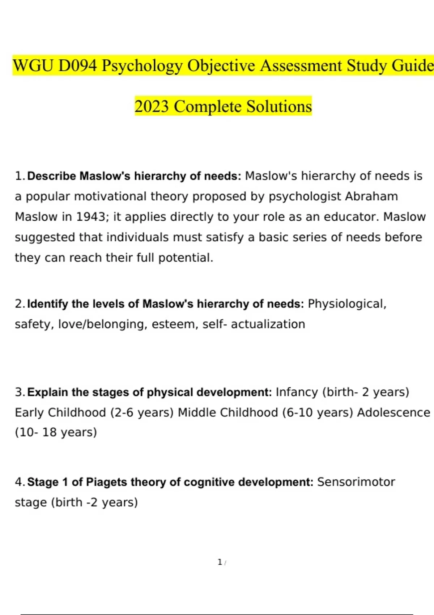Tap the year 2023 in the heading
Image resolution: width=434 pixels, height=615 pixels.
click(152, 106)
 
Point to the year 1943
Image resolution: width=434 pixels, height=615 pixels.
click(90, 217)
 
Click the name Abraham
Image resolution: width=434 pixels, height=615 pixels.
click(371, 196)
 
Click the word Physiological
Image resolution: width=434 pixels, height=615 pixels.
click(347, 304)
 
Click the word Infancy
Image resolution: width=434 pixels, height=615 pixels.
click(297, 392)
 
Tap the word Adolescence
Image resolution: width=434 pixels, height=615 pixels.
click(393, 412)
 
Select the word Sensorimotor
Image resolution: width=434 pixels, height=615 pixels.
click(356, 482)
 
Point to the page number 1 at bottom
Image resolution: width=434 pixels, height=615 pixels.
click(220, 562)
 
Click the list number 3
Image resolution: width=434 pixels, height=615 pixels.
click(20, 392)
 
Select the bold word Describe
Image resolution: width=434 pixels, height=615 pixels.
click(51, 176)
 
